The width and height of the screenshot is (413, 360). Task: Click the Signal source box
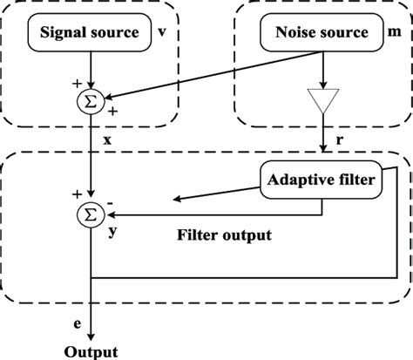tap(87, 33)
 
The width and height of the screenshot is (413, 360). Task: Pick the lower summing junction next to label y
tap(90, 209)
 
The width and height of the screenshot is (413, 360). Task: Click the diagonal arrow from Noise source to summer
tap(209, 74)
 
